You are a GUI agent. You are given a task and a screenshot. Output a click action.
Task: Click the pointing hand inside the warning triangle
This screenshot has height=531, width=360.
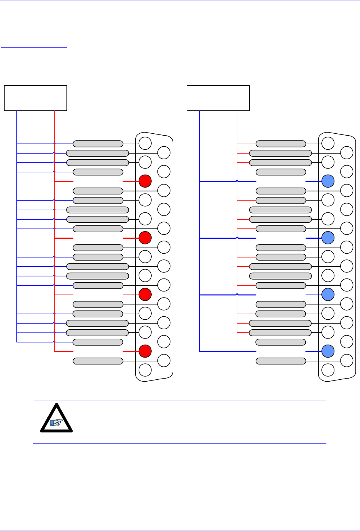57,423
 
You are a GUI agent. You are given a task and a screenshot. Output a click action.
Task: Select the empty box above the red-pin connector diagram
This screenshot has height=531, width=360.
36,98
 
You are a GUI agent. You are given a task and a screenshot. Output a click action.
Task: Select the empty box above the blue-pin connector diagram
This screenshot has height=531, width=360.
218,98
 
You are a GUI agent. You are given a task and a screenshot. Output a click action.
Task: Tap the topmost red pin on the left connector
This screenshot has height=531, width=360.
145,181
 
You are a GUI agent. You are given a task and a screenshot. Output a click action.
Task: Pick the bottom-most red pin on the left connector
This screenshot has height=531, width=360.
145,351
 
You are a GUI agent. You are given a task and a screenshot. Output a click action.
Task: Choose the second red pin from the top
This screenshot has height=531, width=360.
145,238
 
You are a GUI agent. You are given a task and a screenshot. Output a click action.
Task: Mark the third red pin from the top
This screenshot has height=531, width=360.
145,295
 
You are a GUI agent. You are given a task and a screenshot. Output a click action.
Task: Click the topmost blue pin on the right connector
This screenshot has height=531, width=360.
328,181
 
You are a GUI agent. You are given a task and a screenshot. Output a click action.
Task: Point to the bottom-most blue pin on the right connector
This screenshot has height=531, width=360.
328,351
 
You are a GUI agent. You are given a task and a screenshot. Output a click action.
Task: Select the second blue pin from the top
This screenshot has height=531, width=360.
328,238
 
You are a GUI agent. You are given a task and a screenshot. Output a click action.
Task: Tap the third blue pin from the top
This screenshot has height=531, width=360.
328,295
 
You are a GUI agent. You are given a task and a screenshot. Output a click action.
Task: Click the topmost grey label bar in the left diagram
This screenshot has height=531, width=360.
98,144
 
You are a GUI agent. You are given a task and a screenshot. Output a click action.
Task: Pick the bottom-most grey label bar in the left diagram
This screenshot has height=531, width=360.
98,361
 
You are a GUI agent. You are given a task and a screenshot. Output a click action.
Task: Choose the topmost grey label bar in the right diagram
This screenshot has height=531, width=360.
281,144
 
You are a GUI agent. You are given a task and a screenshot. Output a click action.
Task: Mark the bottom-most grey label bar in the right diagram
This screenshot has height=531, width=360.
281,361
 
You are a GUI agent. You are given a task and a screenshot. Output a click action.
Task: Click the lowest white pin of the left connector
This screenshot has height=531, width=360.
145,370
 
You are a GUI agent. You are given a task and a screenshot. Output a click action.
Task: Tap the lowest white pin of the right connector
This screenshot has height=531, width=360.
328,370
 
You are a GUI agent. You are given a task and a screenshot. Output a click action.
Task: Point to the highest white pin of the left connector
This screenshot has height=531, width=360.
145,143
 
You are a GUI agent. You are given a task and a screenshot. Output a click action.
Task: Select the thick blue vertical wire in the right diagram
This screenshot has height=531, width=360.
200,229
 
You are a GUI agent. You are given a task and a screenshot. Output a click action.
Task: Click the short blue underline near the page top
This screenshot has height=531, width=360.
34,48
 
